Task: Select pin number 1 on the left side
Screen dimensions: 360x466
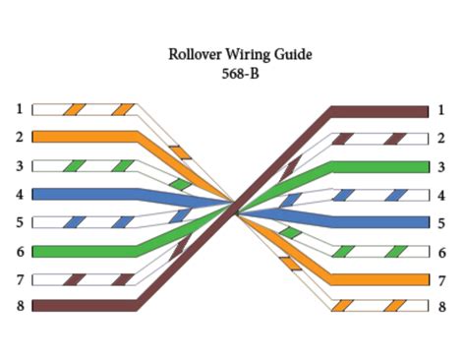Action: [x=19, y=108]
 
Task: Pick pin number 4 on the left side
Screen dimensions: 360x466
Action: [x=19, y=194]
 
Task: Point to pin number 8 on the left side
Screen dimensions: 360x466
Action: [x=19, y=306]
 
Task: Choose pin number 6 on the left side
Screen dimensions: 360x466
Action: [x=19, y=250]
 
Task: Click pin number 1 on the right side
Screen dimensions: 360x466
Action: [x=441, y=110]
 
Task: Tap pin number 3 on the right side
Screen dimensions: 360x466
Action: [x=441, y=166]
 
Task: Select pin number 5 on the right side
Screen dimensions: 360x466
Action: [x=441, y=222]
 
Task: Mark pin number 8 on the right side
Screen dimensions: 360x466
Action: [x=441, y=307]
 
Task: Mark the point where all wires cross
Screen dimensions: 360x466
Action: [x=235, y=207]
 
